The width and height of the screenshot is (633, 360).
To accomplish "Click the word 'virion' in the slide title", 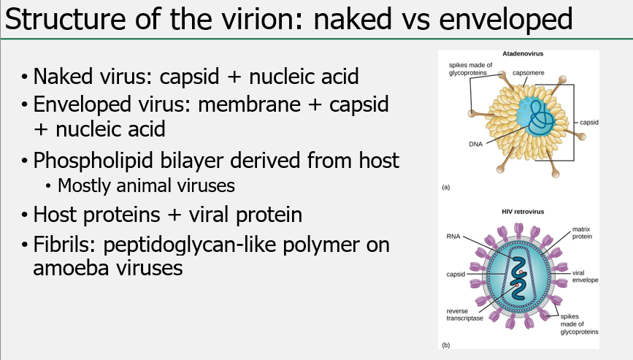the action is (x=264, y=20).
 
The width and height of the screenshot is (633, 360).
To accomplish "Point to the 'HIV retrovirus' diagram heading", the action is (x=522, y=212).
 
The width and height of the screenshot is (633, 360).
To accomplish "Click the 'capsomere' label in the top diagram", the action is (x=528, y=73).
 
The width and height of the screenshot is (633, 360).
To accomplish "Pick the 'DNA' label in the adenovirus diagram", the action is (x=475, y=143).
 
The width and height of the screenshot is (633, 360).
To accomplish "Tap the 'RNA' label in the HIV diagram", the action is (x=452, y=237).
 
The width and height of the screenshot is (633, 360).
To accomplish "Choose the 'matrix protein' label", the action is (x=581, y=232).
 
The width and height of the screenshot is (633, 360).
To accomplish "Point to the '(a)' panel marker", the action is (x=446, y=188).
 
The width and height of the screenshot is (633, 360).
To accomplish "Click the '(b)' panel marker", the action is (x=446, y=343).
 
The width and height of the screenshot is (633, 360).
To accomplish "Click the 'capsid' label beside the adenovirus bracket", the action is (x=588, y=122).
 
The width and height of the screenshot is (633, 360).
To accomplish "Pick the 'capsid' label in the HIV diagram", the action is (x=455, y=275).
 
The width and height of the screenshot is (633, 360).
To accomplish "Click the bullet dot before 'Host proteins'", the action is (x=26, y=216).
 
